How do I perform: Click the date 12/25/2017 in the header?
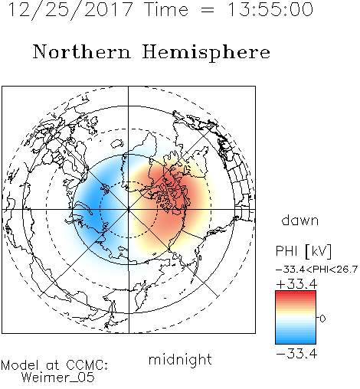click(70, 10)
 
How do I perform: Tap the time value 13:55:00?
click(270, 10)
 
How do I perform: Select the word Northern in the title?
click(82, 51)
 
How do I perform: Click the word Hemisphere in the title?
click(206, 53)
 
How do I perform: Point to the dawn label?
click(300, 220)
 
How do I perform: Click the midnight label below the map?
click(180, 360)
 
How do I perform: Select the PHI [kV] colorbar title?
click(303, 251)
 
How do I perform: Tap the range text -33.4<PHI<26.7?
click(316, 270)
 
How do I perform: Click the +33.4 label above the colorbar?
click(296, 284)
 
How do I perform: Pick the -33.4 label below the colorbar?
click(296, 354)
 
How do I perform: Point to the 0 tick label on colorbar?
click(322, 319)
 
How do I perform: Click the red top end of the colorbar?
click(296, 293)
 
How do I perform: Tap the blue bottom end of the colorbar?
click(296, 342)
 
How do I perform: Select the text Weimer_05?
click(57, 378)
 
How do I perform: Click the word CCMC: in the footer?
click(87, 365)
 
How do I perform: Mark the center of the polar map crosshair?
click(129, 210)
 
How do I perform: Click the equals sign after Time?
click(208, 10)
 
